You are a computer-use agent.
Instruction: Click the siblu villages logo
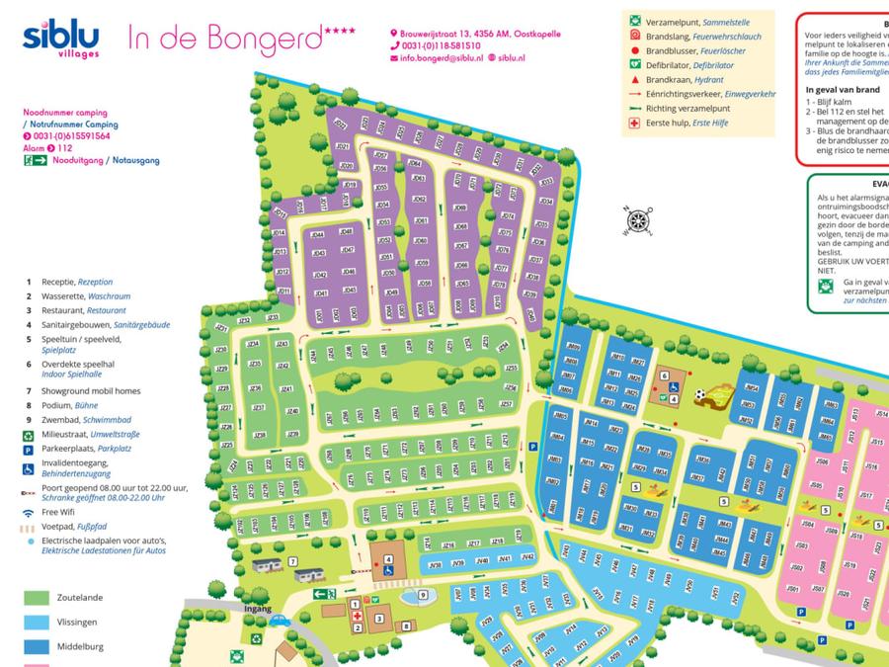pos(61,40)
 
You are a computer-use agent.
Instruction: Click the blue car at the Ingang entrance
pos(279,622)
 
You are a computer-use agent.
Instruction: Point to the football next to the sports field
pos(700,394)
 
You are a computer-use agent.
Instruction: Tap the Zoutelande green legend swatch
pos(37,598)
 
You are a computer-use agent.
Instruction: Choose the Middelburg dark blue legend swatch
pos(37,646)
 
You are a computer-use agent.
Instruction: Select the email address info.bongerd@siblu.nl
pos(441,58)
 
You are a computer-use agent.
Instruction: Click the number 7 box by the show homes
pos(292,562)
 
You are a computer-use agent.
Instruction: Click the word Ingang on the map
pos(257,609)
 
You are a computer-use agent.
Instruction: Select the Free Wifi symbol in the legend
pos(30,514)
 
